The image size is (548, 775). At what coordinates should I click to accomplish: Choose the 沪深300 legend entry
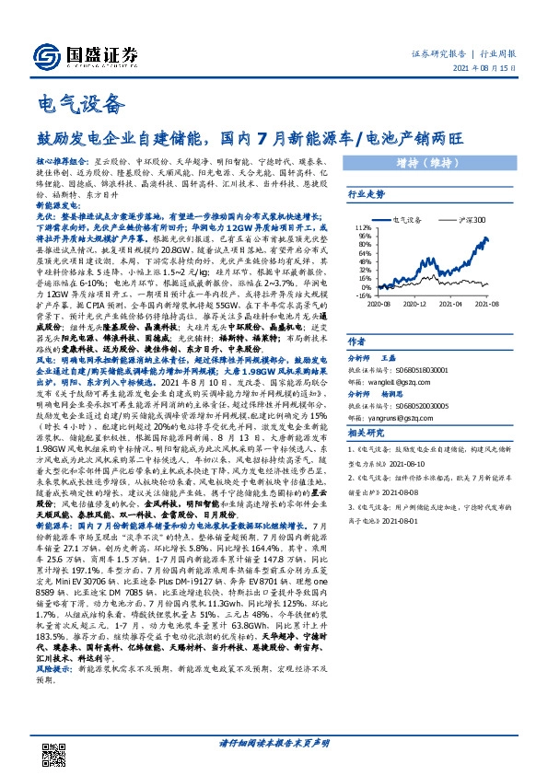tap(468, 221)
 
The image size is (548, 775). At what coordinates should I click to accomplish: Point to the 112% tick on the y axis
tap(362, 227)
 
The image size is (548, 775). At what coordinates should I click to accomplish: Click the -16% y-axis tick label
tap(362, 285)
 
